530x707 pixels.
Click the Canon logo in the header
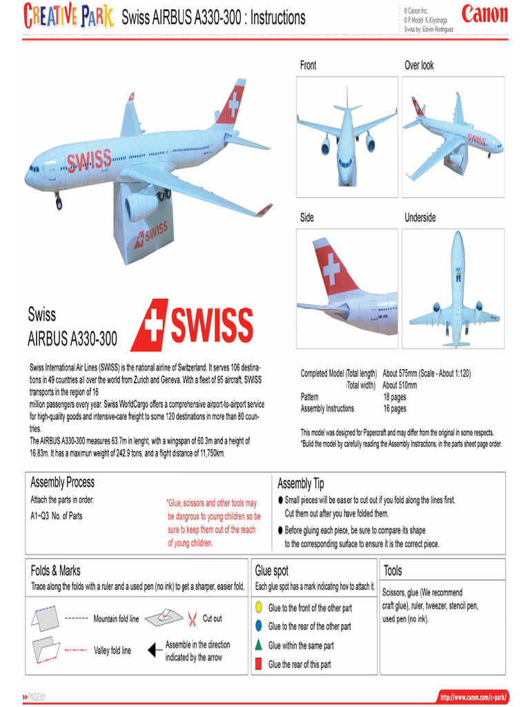tap(484, 15)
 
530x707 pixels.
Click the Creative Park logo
tap(68, 16)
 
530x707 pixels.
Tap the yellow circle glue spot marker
tap(257, 608)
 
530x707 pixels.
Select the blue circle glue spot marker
tap(257, 626)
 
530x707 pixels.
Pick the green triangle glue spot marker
tap(257, 645)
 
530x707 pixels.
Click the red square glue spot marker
tap(257, 664)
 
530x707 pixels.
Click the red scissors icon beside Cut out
tap(193, 618)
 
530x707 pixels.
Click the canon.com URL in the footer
tap(473, 696)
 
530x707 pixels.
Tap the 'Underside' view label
tap(420, 217)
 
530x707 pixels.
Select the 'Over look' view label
tap(419, 66)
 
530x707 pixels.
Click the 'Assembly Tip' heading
tap(300, 483)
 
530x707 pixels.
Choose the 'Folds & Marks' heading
tap(55, 571)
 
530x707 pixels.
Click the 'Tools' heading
tap(393, 571)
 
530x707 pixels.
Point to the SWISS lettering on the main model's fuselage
tap(89, 162)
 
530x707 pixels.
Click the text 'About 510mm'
tap(400, 385)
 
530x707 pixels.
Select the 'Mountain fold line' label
tap(116, 619)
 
